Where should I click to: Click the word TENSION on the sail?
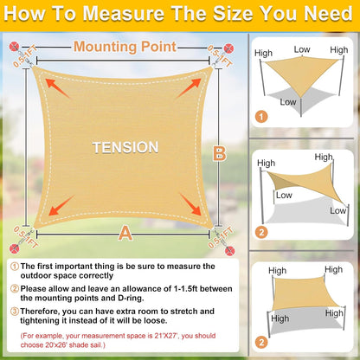[x=125, y=148]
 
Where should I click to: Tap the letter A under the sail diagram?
[x=126, y=232]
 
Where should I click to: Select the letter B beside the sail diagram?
[x=219, y=154]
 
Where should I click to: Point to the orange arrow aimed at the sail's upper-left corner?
[x=58, y=86]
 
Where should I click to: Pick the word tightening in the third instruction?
[x=47, y=322]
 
